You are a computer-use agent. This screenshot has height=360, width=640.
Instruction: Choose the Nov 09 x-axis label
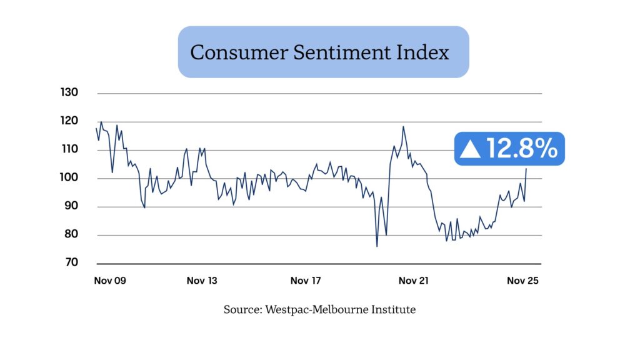(110, 281)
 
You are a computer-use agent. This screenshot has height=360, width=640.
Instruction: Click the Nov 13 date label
(202, 281)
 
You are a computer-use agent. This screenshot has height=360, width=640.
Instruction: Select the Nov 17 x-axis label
(306, 281)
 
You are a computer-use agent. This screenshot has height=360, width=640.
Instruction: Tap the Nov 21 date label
(413, 281)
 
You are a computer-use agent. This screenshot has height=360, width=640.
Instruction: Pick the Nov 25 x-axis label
(522, 281)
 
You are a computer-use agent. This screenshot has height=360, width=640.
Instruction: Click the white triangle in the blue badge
(470, 149)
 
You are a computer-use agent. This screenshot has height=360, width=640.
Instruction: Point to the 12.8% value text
(521, 149)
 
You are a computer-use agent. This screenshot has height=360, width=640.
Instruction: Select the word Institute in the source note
(393, 309)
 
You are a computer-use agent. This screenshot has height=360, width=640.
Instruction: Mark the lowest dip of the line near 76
(377, 246)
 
